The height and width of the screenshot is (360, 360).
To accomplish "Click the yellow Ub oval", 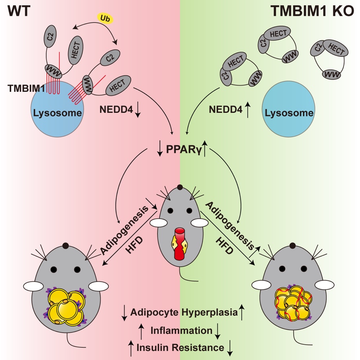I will (x=104, y=18).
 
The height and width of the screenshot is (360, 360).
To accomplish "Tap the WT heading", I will (x=19, y=10).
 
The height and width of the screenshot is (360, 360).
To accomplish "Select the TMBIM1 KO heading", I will (x=310, y=11).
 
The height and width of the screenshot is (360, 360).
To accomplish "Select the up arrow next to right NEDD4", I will (x=248, y=110).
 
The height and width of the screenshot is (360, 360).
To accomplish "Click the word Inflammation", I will (x=181, y=330).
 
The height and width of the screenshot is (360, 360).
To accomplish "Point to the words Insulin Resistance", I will (x=180, y=348).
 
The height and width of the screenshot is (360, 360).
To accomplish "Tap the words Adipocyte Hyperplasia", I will (x=184, y=313).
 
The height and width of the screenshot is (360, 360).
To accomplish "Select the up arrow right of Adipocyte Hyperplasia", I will (x=242, y=313).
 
